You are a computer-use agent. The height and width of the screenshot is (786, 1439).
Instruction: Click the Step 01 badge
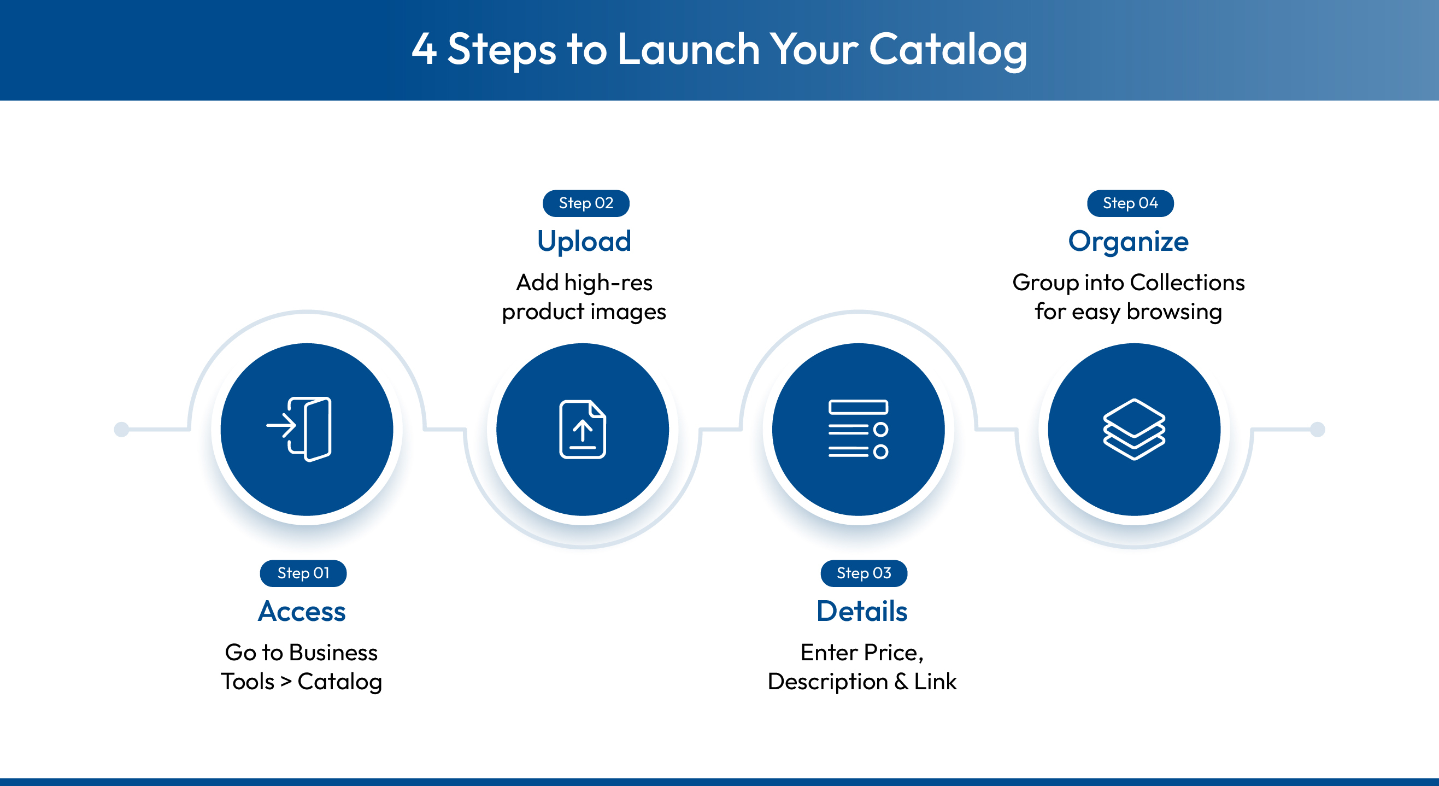[303, 573]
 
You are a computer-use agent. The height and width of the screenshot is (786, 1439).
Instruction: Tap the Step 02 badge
[585, 203]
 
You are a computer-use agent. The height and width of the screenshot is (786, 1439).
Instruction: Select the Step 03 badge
[863, 573]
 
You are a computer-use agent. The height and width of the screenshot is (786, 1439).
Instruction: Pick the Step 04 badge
[1130, 203]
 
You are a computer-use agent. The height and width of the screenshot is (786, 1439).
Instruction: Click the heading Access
[302, 611]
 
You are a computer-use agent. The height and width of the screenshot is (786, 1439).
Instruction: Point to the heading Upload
[584, 242]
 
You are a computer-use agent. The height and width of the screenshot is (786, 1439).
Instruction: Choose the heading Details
[861, 611]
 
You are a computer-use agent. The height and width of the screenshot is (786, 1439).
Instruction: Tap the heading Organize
[1128, 242]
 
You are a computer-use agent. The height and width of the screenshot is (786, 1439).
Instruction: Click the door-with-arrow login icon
[301, 429]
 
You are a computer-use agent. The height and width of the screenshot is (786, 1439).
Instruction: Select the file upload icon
[582, 429]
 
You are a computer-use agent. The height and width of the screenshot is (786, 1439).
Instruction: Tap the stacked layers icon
[1133, 429]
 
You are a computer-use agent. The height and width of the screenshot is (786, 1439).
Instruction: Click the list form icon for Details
[857, 429]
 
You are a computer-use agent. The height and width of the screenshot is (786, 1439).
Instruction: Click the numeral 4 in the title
[424, 49]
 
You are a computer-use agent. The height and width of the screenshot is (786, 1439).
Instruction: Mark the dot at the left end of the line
[121, 429]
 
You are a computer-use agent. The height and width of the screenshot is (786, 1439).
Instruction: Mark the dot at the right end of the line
[1317, 429]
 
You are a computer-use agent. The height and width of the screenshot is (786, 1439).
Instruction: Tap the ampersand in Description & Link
[901, 682]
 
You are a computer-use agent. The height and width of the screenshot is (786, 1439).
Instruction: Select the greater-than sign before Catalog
[286, 682]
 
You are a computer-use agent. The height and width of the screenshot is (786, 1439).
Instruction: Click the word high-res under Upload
[608, 283]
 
